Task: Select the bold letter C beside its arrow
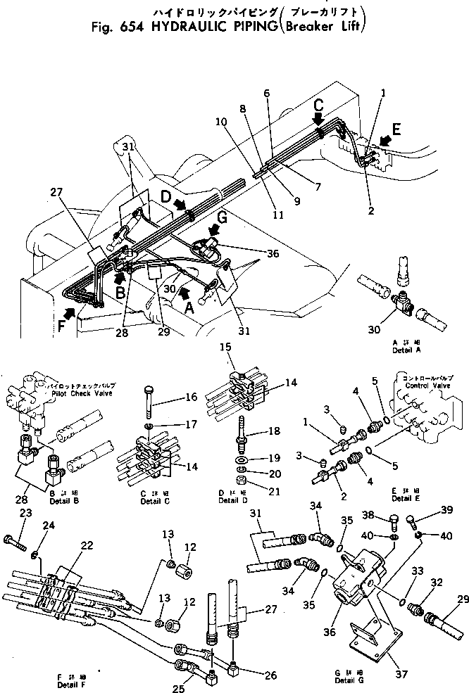pyautogui.click(x=319, y=106)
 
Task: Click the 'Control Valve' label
pyautogui.click(x=423, y=386)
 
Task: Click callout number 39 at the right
pyautogui.click(x=446, y=509)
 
